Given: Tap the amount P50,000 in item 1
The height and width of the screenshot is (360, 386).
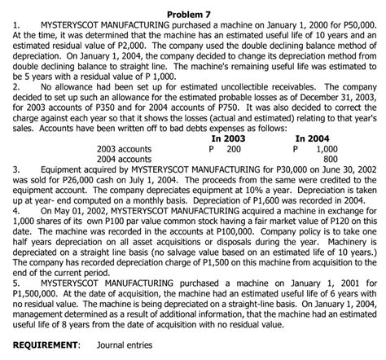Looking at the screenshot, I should point(359,25).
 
